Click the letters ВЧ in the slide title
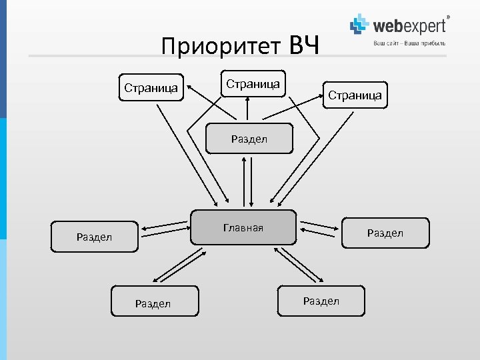pyautogui.click(x=305, y=46)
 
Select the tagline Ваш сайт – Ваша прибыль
pyautogui.click(x=409, y=43)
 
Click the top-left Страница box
pyautogui.click(x=151, y=87)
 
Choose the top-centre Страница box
pyautogui.click(x=253, y=84)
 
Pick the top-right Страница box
pyautogui.click(x=355, y=95)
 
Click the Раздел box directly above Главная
pyautogui.click(x=249, y=139)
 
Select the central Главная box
pyautogui.click(x=243, y=228)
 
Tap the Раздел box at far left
pyautogui.click(x=95, y=236)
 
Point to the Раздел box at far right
pyautogui.click(x=385, y=233)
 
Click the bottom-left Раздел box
pyautogui.click(x=153, y=303)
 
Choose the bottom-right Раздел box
pyautogui.click(x=321, y=301)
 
